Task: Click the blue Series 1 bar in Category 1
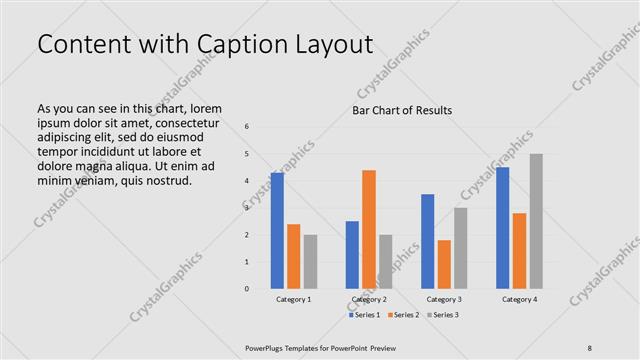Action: pos(277,231)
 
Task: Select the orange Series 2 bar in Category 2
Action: pos(369,229)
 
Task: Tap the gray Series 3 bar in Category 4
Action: pos(536,221)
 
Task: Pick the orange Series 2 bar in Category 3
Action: pos(444,264)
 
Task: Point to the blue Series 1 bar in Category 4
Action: pos(502,228)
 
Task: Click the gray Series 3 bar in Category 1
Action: pos(310,262)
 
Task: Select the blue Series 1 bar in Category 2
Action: pos(352,255)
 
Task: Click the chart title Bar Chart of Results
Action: pos(402,110)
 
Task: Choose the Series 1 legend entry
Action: pos(365,315)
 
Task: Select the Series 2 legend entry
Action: pos(402,315)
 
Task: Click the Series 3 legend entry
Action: pos(440,315)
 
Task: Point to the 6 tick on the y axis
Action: pos(247,127)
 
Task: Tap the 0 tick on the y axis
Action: pos(247,289)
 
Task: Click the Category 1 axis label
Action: pos(294,299)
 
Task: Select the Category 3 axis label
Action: pos(444,299)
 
